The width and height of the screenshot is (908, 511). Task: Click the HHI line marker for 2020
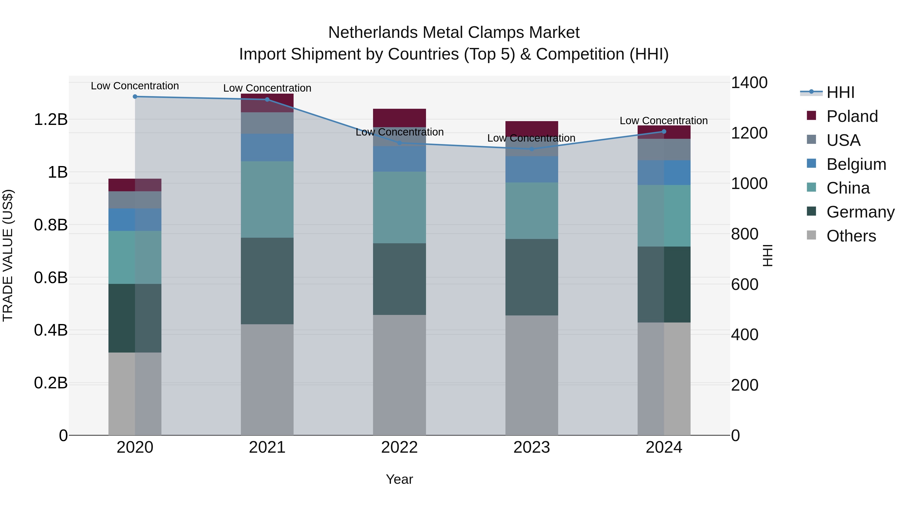[x=135, y=97]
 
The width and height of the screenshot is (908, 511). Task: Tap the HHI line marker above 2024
[x=664, y=131]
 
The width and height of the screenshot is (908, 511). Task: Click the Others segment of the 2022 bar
[x=399, y=375]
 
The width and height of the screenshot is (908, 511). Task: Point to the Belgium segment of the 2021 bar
[x=267, y=147]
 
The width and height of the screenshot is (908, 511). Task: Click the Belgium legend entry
[x=856, y=164]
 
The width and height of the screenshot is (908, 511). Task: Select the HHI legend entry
[x=840, y=92]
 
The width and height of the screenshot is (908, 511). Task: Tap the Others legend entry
[x=851, y=236]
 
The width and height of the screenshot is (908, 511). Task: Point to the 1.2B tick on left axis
[x=51, y=120]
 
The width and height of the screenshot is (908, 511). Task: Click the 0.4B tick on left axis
[x=51, y=330]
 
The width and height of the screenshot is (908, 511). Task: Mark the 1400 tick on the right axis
[x=749, y=83]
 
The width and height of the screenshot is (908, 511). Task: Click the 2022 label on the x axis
[x=399, y=447]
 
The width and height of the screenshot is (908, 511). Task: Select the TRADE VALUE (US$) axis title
[x=8, y=255]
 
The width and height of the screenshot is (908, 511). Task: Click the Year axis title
[x=399, y=479]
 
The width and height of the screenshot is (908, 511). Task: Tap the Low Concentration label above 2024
[x=664, y=121]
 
